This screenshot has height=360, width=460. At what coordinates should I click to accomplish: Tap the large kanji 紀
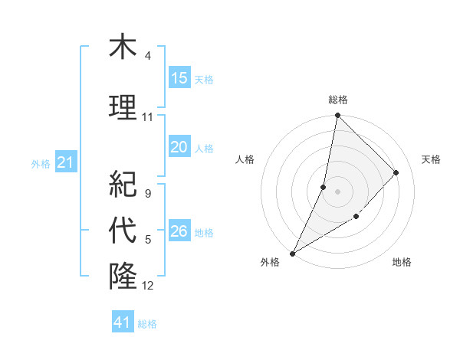tap(123, 183)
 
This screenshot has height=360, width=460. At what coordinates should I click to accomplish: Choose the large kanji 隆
tap(123, 275)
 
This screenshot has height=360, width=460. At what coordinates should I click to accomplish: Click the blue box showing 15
tap(179, 78)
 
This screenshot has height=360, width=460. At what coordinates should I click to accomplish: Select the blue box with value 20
tap(179, 148)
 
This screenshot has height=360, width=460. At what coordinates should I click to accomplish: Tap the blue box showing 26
tap(179, 231)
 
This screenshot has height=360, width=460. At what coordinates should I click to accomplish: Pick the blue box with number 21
tap(65, 162)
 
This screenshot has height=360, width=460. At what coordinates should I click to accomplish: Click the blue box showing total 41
tap(123, 322)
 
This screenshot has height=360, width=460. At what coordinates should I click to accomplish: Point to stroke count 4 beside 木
tap(148, 56)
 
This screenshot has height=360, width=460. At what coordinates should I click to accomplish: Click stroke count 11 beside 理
tap(148, 117)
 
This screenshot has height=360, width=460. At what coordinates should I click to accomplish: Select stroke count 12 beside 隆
tap(148, 286)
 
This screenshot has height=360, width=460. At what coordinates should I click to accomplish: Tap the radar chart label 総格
tap(337, 100)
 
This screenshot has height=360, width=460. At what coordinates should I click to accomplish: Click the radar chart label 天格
tap(431, 159)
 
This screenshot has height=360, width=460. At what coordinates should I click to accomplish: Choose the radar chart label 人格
tap(245, 159)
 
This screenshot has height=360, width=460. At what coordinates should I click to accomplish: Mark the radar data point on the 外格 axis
tap(292, 253)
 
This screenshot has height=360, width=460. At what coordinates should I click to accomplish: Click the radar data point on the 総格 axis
tap(337, 116)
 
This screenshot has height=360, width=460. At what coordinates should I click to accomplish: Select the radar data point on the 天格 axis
tap(396, 172)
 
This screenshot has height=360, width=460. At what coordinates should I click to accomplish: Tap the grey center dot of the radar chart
tap(337, 191)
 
